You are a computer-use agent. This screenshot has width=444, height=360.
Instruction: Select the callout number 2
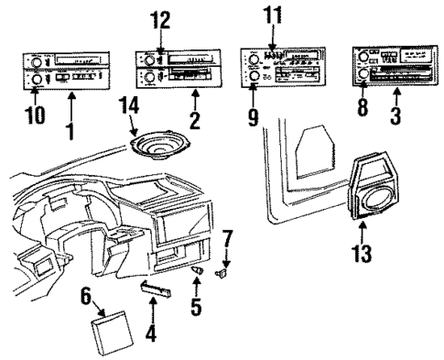pos(193,121)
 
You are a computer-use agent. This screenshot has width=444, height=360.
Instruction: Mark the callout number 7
pos(228,241)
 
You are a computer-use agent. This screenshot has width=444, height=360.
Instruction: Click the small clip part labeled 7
pos(222,272)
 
